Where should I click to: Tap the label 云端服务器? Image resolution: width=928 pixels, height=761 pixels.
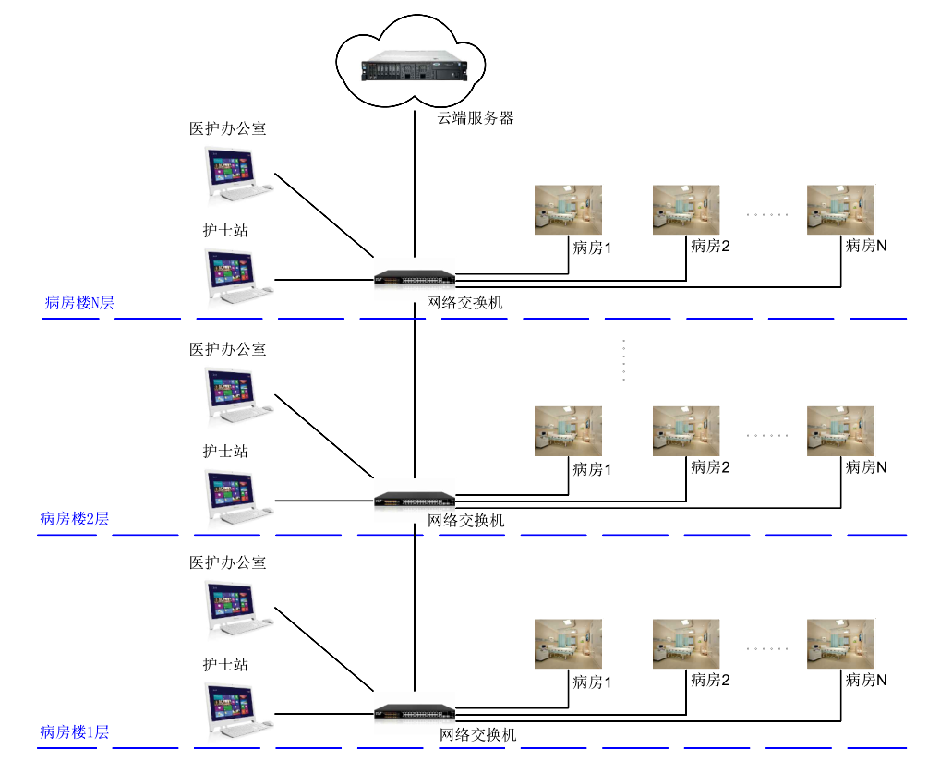[476, 117]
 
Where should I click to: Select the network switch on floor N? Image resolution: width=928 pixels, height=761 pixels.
[415, 277]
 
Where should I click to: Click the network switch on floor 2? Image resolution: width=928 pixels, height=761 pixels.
[415, 501]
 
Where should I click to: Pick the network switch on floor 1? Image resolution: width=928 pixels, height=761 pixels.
[415, 712]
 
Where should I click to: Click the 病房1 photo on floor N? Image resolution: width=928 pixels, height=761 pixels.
[568, 210]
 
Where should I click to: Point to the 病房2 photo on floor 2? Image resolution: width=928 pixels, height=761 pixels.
[686, 430]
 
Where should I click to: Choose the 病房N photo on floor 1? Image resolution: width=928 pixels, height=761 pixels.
[840, 644]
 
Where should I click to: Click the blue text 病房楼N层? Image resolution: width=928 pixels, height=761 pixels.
[79, 303]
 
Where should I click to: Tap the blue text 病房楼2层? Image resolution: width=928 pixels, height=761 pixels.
[75, 518]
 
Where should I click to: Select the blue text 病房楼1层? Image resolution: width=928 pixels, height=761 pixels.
[75, 732]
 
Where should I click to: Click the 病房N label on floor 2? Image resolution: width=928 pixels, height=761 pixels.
[866, 467]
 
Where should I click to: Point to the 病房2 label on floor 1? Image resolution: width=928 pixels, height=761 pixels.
[711, 681]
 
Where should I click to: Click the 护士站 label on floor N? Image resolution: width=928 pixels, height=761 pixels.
[225, 230]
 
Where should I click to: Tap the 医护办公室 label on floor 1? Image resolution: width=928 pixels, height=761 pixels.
[227, 562]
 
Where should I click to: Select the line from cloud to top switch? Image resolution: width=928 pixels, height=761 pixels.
[415, 185]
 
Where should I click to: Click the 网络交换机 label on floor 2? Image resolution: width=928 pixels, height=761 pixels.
[466, 521]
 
